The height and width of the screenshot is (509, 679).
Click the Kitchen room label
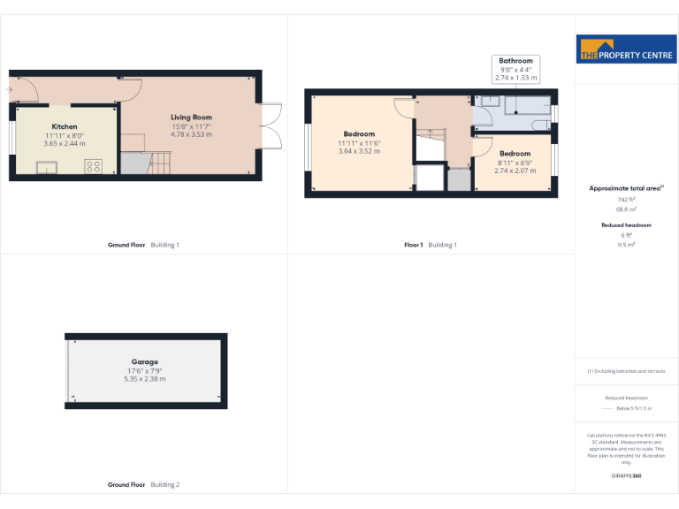click(x=65, y=126)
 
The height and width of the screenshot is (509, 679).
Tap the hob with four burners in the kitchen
click(x=93, y=165)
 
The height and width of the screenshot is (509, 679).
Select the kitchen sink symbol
click(x=47, y=167)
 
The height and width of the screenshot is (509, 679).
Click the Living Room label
click(x=191, y=117)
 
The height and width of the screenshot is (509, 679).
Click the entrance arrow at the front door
click(x=9, y=89)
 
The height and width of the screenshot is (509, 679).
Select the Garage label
click(x=145, y=361)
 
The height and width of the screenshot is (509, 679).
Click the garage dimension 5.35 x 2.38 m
click(x=145, y=379)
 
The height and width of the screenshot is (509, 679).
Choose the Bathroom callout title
click(x=515, y=61)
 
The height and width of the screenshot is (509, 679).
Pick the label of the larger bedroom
click(x=359, y=134)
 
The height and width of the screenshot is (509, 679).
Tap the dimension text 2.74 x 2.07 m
click(x=515, y=171)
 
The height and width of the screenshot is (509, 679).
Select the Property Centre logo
click(x=626, y=50)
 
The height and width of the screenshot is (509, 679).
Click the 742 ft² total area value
click(x=627, y=200)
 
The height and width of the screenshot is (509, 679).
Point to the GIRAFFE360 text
click(x=626, y=476)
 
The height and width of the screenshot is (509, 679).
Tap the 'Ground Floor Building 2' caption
click(x=143, y=484)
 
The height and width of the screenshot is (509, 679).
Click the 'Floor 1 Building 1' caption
click(x=431, y=245)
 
